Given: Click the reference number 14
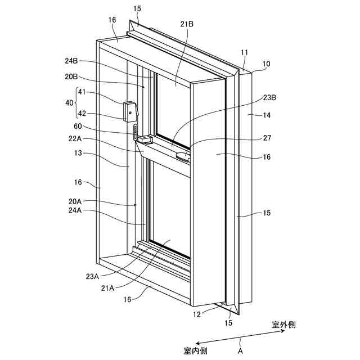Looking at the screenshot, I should [x=267, y=115].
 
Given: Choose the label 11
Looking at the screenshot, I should [x=245, y=52].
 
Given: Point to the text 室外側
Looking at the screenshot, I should [x=284, y=325].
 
